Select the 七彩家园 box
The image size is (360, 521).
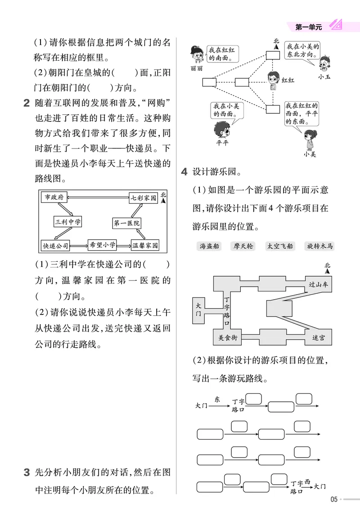tap(143, 198)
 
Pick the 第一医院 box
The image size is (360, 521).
tap(126, 223)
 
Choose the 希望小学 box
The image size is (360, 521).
tap(103, 244)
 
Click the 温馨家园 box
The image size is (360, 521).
tap(145, 246)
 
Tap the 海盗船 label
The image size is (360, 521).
tap(210, 246)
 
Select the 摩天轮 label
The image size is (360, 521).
tap(243, 246)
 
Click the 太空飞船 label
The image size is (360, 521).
tap(279, 246)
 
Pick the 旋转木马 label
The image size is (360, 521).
tap(320, 246)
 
